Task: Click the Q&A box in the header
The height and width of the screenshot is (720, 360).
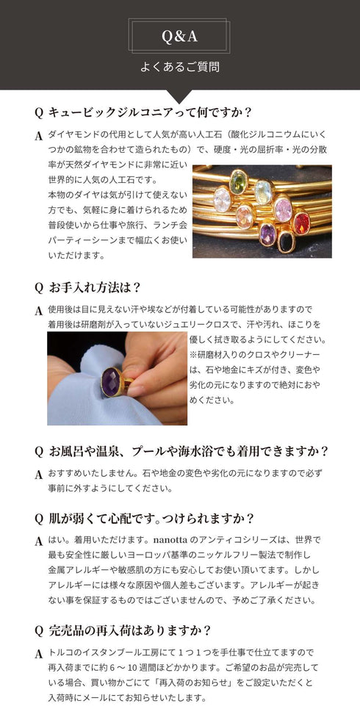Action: [x=179, y=36]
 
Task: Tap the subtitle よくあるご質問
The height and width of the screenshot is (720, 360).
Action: [x=179, y=67]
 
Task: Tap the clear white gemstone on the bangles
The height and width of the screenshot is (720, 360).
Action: [x=221, y=199]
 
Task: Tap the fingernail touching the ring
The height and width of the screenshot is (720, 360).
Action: [x=136, y=390]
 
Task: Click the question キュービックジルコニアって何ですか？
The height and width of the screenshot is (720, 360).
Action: [x=150, y=112]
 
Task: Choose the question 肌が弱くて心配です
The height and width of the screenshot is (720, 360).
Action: [x=151, y=518]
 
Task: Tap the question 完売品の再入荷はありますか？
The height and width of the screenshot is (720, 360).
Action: [x=129, y=630]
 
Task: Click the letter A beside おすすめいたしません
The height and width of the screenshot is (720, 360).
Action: [x=38, y=475]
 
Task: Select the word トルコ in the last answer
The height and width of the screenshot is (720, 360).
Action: [x=60, y=652]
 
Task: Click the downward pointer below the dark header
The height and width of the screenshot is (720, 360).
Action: [x=179, y=96]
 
